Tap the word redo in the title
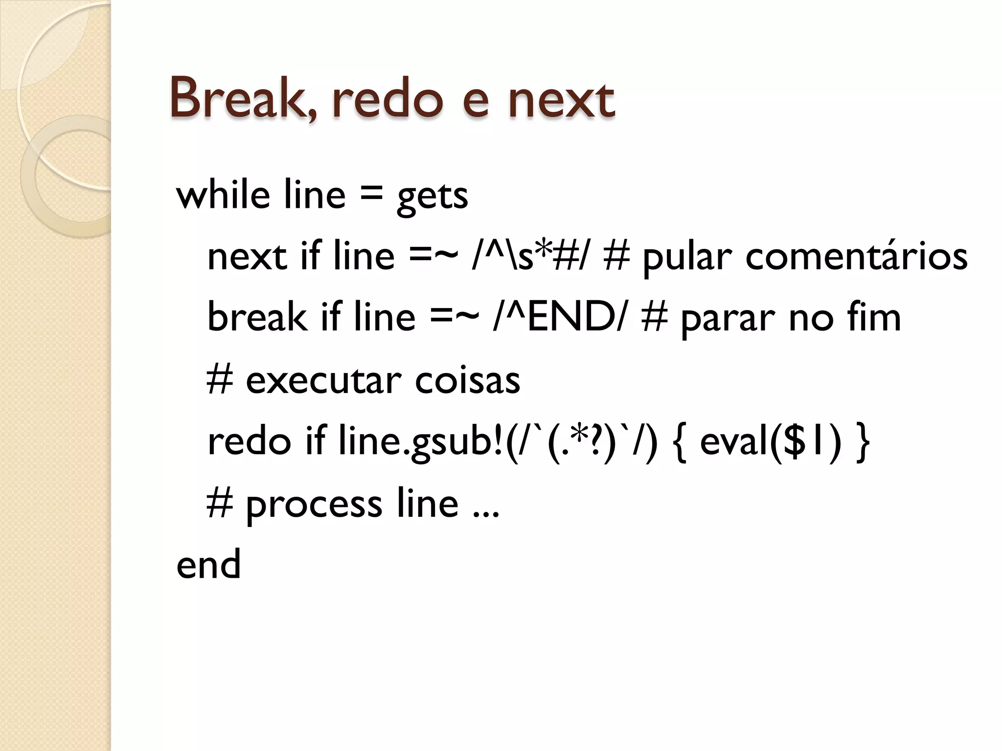click(x=387, y=100)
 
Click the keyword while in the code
click(x=223, y=195)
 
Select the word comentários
click(x=856, y=257)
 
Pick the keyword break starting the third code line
click(x=256, y=317)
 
